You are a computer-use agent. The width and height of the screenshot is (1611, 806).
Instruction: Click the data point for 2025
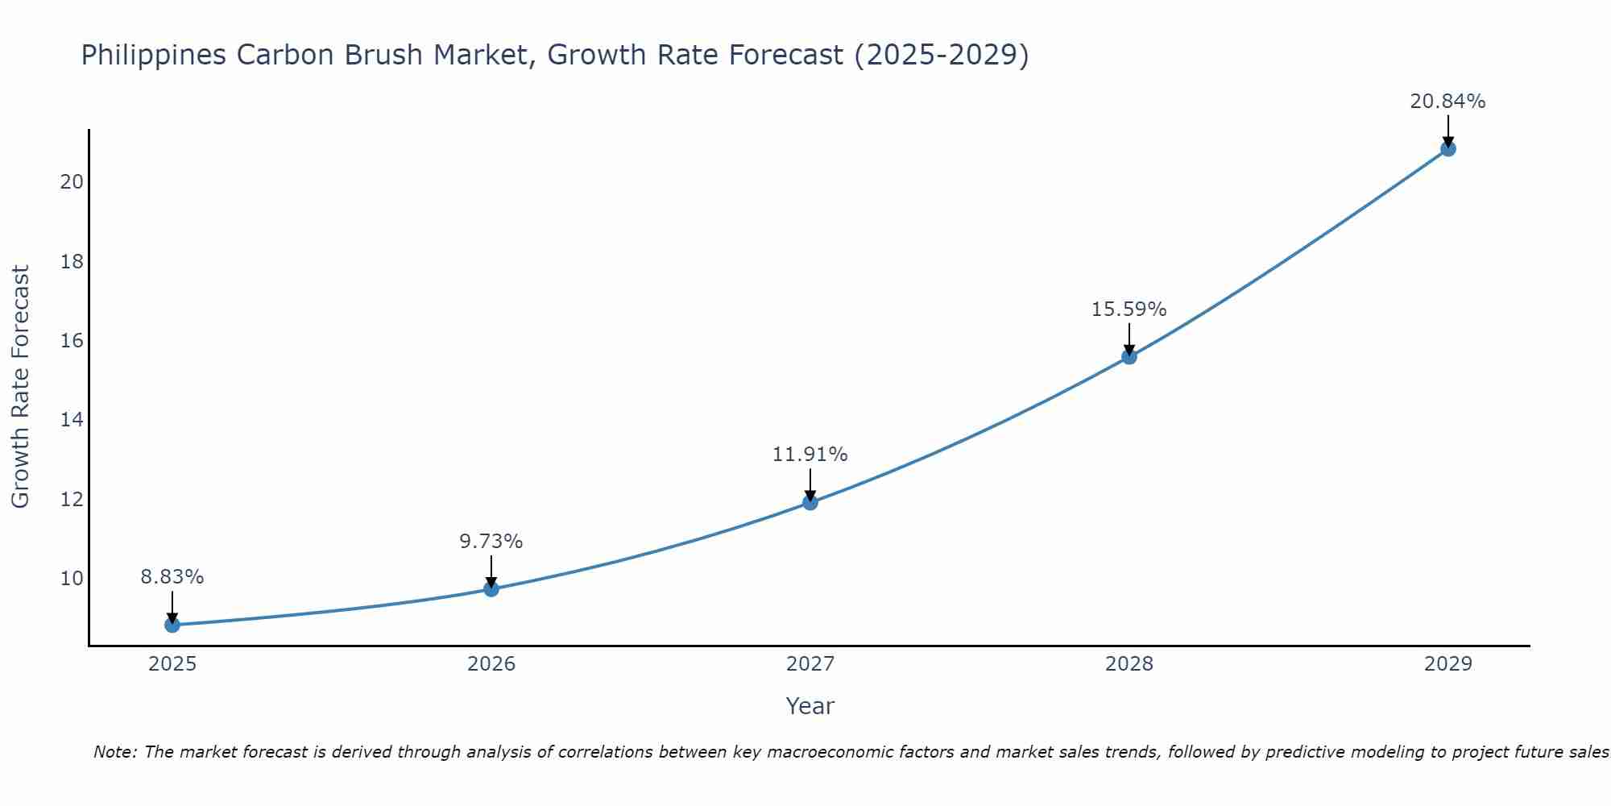click(x=172, y=625)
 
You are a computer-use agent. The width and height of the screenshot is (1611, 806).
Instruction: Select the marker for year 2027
click(x=810, y=502)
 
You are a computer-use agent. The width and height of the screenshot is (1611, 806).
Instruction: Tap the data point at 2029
click(x=1447, y=148)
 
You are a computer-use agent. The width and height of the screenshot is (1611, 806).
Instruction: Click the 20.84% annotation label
click(x=1447, y=102)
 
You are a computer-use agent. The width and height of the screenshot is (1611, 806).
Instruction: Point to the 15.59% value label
click(x=1129, y=310)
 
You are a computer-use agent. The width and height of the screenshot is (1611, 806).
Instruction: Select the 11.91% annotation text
click(x=810, y=455)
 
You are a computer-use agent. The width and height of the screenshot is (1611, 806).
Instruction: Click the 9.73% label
click(x=491, y=542)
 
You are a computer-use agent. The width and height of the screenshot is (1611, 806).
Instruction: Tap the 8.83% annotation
click(x=172, y=577)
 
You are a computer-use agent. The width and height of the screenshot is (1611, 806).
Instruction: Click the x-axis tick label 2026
click(x=491, y=664)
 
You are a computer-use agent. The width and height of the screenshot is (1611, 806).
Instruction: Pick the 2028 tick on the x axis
click(x=1129, y=664)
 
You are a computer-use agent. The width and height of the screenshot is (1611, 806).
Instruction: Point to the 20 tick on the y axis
click(x=72, y=182)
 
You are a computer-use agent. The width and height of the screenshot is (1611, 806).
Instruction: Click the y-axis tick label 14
click(x=72, y=420)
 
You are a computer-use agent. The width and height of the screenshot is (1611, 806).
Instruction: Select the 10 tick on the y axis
click(x=72, y=579)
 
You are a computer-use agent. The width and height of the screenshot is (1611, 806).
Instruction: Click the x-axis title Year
click(x=810, y=706)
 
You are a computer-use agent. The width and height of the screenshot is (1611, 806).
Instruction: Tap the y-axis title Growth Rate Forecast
click(x=20, y=387)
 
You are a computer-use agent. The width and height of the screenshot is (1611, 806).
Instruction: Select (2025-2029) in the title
click(x=941, y=55)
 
